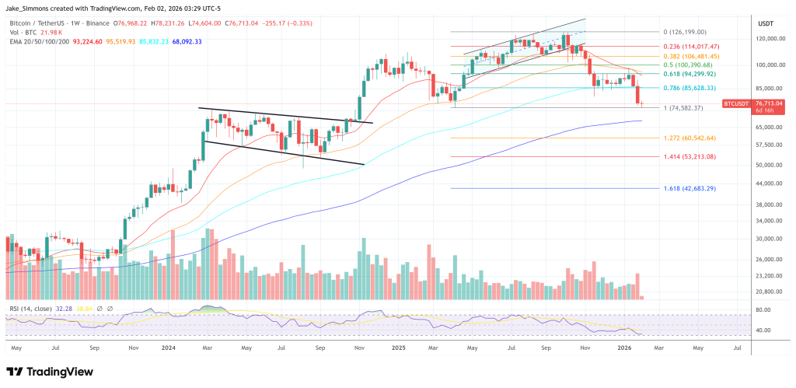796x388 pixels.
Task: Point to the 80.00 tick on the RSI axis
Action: pos(763,309)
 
